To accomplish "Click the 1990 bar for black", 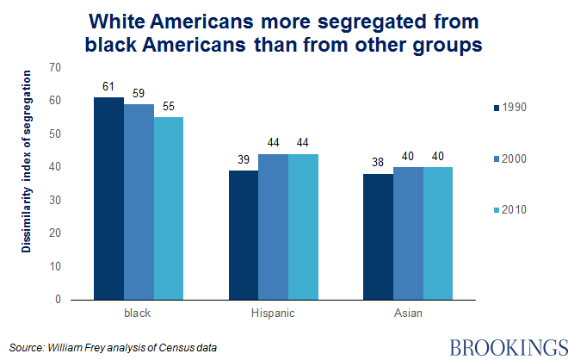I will [108, 198].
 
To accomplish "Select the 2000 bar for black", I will [139, 202].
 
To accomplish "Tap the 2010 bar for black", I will [168, 208].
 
